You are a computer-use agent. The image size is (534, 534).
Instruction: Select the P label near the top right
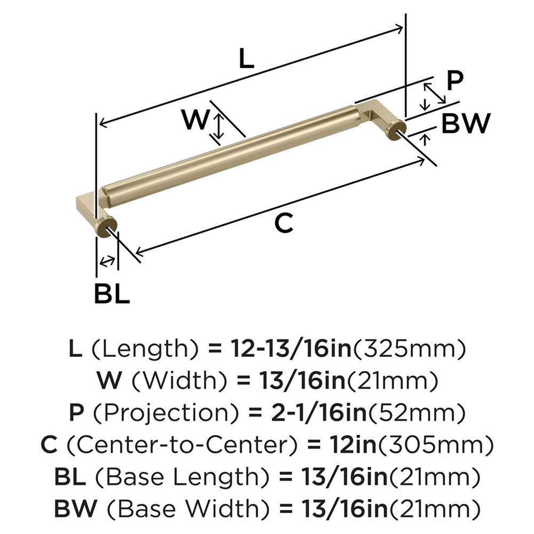click(x=454, y=81)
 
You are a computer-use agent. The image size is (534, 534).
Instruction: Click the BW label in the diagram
click(x=465, y=124)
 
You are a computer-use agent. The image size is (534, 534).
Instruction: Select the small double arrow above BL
click(x=107, y=261)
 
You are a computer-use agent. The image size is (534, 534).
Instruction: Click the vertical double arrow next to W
click(x=218, y=126)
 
